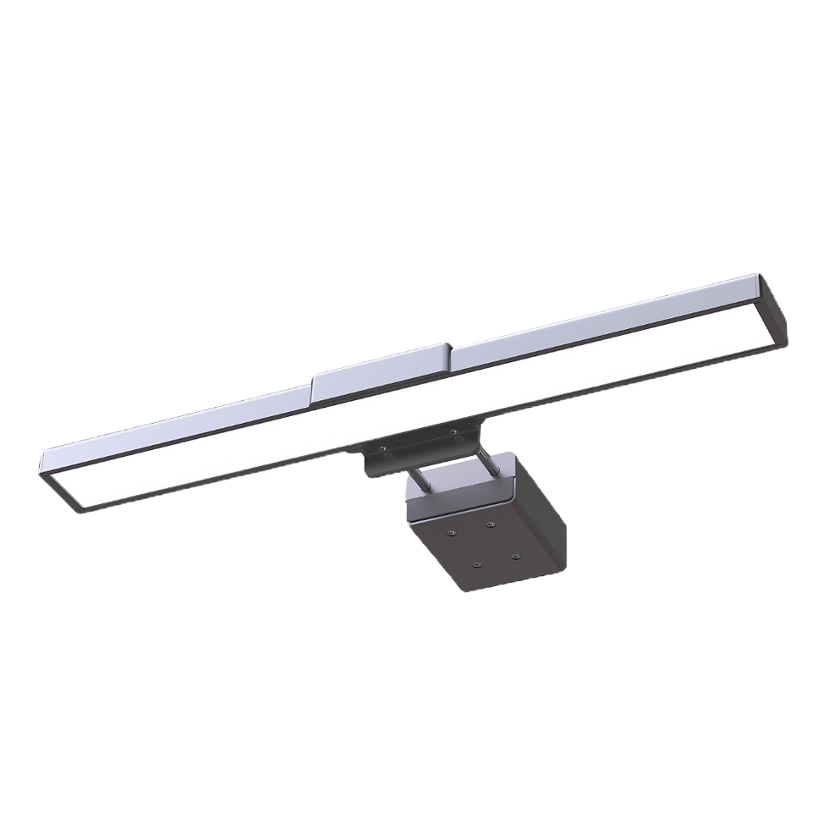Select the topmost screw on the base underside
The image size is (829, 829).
tap(490, 524)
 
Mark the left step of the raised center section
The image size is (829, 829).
tap(313, 388)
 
